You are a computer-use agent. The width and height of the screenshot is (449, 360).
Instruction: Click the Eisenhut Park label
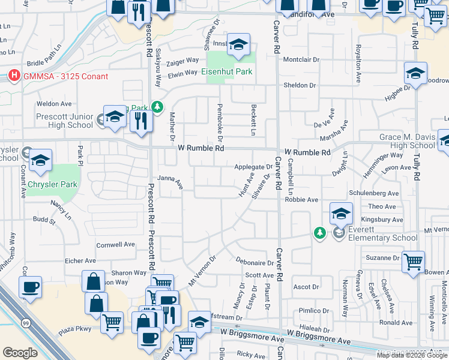[x=226, y=71]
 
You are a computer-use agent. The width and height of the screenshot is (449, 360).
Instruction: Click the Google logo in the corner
[x=20, y=352]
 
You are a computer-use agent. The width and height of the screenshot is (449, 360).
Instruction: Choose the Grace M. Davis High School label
[x=407, y=141]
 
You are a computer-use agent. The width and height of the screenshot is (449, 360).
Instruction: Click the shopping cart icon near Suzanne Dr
[x=413, y=261]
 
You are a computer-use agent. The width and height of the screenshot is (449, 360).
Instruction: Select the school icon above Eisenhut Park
[x=238, y=45]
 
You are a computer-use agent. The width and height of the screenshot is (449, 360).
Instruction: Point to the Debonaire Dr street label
[x=255, y=263]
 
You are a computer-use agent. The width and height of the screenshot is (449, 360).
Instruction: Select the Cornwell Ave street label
[x=116, y=245]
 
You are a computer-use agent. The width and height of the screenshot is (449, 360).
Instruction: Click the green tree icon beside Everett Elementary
[x=320, y=232]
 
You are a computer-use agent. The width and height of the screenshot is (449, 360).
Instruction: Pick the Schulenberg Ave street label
[x=374, y=194]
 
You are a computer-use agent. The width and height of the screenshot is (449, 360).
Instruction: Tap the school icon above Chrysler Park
[x=40, y=160]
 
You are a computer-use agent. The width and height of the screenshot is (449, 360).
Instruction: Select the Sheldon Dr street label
[x=300, y=86]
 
